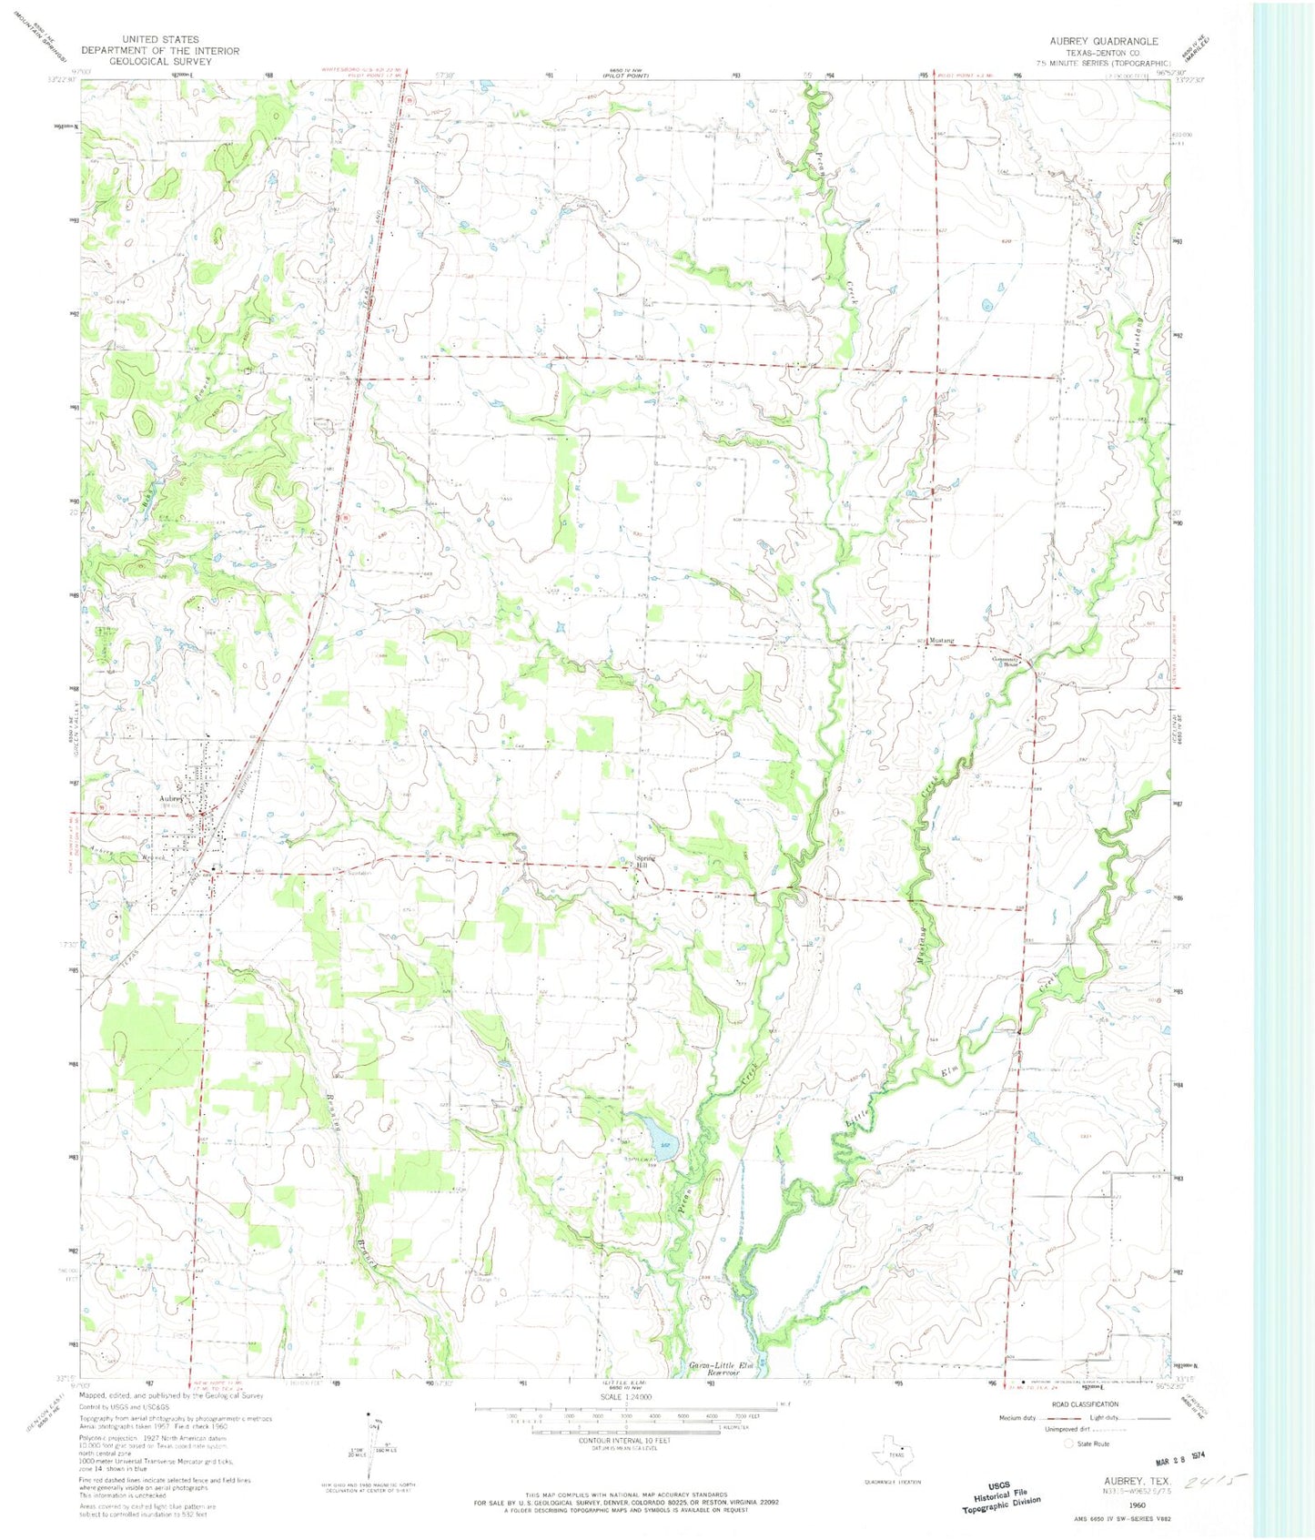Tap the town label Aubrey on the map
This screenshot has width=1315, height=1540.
[x=171, y=800]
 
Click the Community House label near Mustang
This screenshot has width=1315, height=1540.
[x=1008, y=660]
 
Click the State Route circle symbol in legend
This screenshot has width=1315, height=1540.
[x=1068, y=1444]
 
